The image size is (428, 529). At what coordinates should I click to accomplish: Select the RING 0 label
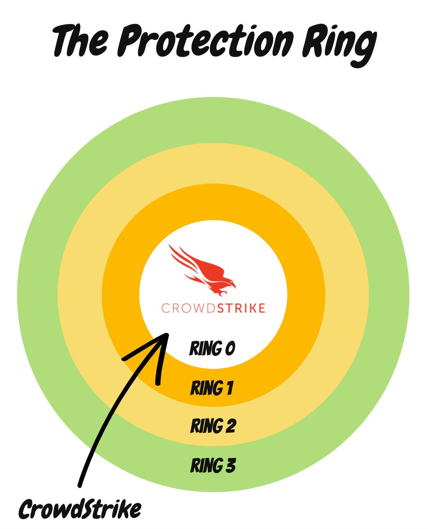(x=212, y=349)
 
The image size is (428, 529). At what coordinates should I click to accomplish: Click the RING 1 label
(x=212, y=388)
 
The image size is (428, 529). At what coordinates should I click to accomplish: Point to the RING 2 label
(x=213, y=426)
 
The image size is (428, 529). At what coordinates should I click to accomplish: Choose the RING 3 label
(x=213, y=465)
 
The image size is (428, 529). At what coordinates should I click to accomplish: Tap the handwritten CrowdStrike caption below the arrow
(x=80, y=509)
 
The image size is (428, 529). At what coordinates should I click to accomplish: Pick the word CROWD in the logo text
(x=188, y=308)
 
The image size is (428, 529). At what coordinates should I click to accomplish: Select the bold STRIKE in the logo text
(x=241, y=308)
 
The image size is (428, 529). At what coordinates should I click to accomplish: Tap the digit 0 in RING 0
(x=230, y=349)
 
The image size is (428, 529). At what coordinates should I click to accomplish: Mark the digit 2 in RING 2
(x=230, y=426)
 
